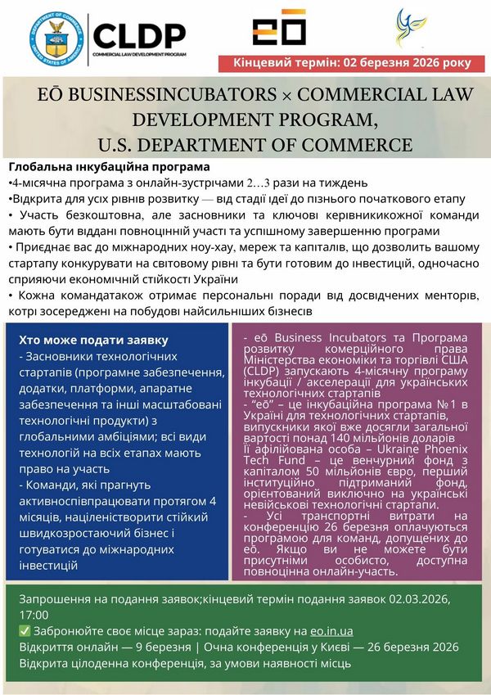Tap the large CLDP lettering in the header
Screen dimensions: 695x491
coord(138,34)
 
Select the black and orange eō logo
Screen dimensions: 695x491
coord(279,32)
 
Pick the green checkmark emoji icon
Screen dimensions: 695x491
coord(23,630)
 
